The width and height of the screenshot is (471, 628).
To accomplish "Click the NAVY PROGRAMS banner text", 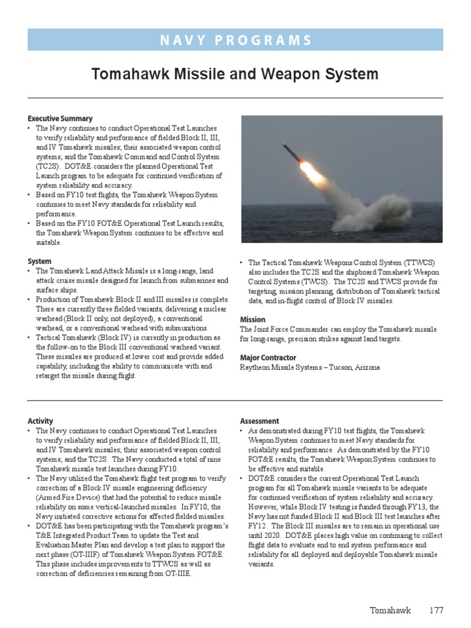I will (x=235, y=40).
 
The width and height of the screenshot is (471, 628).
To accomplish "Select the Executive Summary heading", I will (x=60, y=118).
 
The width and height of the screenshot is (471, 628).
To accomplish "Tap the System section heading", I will (x=40, y=261).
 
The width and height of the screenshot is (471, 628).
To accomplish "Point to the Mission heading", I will (x=253, y=320).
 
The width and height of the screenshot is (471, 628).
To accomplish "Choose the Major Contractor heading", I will (x=267, y=358).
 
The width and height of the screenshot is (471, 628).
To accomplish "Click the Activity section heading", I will (x=40, y=421).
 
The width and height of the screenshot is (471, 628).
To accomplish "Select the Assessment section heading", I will (x=259, y=421).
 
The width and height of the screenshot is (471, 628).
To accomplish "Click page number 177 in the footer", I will (x=436, y=610).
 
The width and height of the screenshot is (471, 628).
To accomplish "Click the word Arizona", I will (x=366, y=367).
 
